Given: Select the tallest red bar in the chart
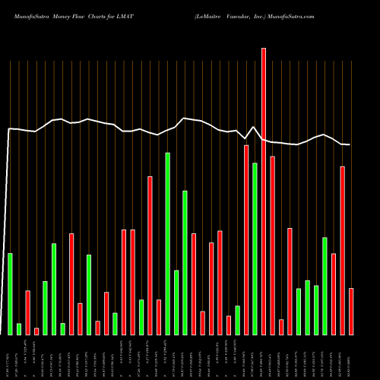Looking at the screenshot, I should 264,190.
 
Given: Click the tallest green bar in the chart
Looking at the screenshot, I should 167,243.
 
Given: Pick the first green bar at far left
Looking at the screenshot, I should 10,293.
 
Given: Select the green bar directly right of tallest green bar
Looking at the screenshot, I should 176,302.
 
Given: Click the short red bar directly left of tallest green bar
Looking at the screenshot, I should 159,317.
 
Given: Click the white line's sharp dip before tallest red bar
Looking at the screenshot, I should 246,140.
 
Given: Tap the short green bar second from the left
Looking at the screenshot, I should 19,328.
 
